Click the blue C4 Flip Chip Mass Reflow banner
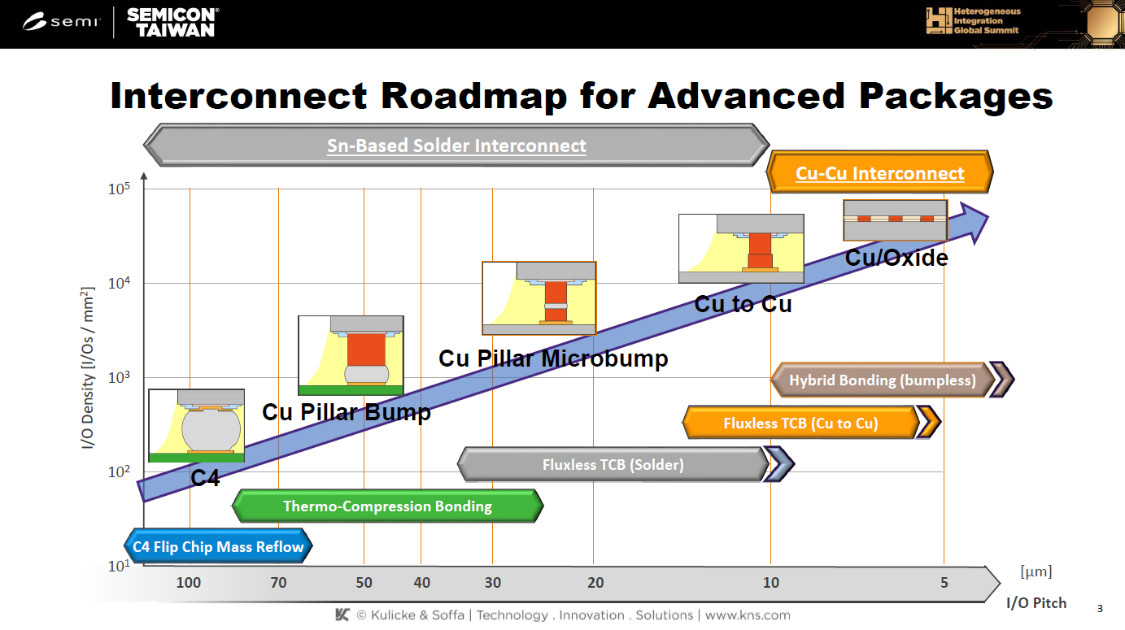pyautogui.click(x=217, y=547)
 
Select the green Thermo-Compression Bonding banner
pyautogui.click(x=387, y=506)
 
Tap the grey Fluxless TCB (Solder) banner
pyautogui.click(x=613, y=465)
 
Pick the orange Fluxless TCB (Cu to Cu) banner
pyautogui.click(x=800, y=423)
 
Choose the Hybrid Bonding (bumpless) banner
pyautogui.click(x=882, y=380)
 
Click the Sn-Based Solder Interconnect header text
pyautogui.click(x=456, y=146)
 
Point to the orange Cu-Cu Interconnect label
pyautogui.click(x=879, y=173)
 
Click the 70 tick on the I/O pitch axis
pyautogui.click(x=278, y=582)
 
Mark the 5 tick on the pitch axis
pyautogui.click(x=944, y=582)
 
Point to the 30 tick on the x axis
pyautogui.click(x=492, y=582)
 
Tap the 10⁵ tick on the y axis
pyautogui.click(x=119, y=189)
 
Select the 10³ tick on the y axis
pyautogui.click(x=119, y=378)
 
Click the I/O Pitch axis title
pyautogui.click(x=1036, y=603)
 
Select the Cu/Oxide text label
pyautogui.click(x=896, y=259)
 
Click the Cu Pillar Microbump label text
pyautogui.click(x=553, y=358)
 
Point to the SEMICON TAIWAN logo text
pyautogui.click(x=172, y=22)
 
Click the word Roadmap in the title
pyautogui.click(x=474, y=96)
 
